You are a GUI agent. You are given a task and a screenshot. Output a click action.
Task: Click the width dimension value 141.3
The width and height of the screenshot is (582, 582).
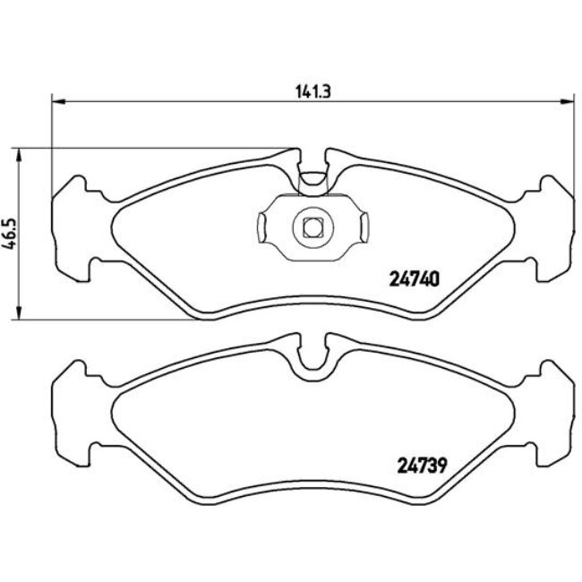(308, 90)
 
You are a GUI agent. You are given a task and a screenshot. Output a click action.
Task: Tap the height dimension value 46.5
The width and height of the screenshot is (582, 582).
(10, 235)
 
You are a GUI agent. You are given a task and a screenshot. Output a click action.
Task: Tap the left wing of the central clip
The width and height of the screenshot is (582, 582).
(267, 227)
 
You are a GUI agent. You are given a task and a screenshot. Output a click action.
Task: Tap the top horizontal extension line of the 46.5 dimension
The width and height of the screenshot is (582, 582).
(152, 148)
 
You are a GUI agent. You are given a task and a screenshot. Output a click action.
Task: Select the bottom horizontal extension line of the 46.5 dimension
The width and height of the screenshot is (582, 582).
(107, 318)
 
